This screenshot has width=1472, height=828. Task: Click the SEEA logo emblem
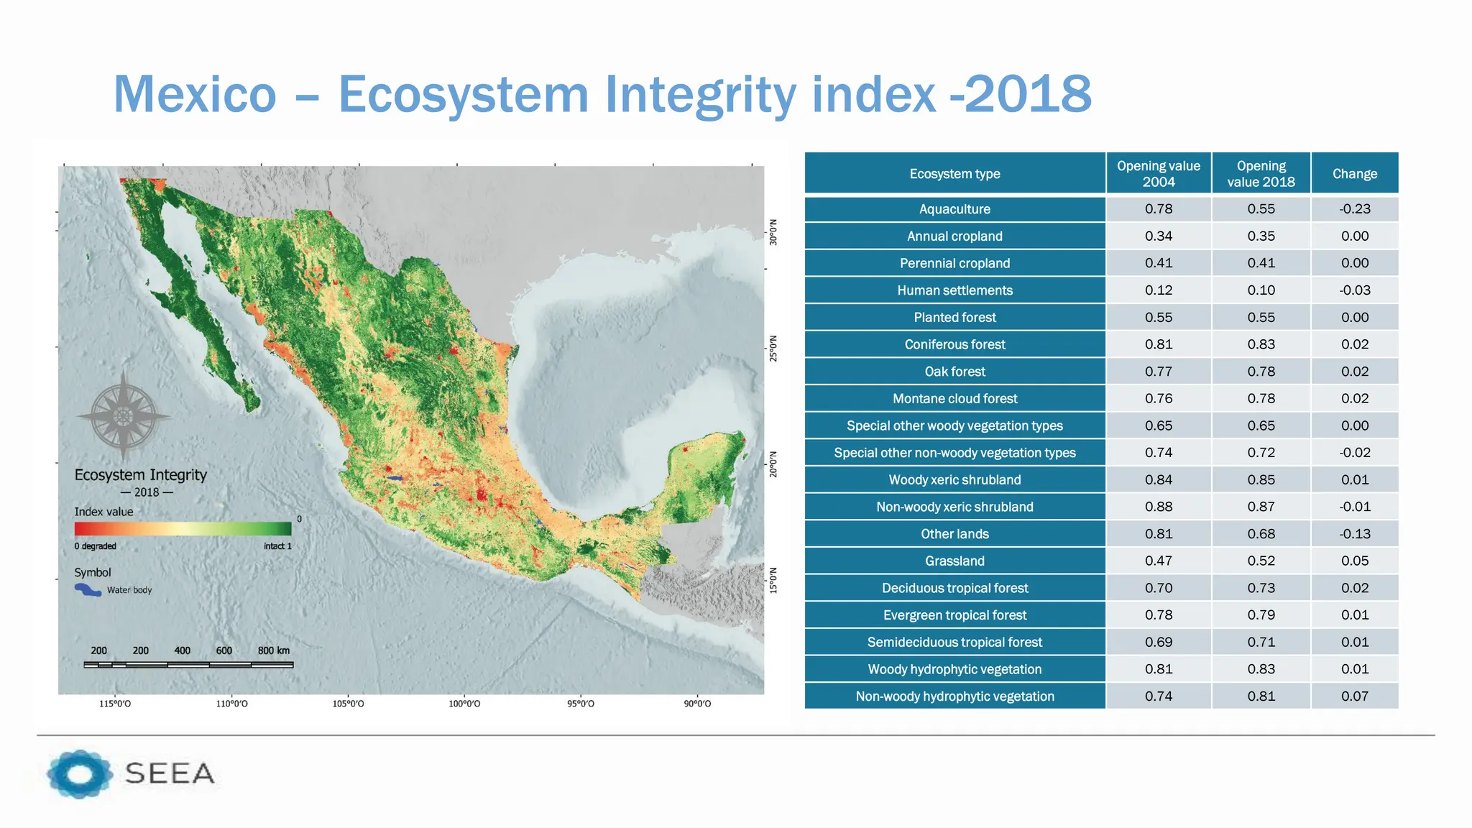[79, 773]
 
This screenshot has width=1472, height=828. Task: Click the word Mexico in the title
[195, 94]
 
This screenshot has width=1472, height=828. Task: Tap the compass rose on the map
[124, 416]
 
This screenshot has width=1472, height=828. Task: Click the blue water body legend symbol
[88, 590]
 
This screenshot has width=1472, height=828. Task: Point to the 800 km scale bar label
[273, 650]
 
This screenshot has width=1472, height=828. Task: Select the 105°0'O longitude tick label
[348, 704]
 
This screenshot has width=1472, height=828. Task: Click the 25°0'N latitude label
[773, 349]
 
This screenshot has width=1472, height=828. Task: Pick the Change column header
[1354, 174]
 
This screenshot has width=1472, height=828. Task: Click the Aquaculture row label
[954, 209]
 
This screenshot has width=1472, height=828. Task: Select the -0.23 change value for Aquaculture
[1354, 209]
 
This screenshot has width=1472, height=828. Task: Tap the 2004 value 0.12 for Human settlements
[1158, 290]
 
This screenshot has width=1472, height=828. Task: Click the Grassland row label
[954, 561]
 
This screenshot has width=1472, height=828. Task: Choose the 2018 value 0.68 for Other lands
[1261, 534]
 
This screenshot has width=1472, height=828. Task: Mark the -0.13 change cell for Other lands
[1354, 534]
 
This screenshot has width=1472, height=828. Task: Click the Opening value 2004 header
[1158, 174]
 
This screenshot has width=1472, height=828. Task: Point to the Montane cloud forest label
[954, 399]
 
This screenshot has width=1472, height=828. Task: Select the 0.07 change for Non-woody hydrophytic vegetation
[1354, 696]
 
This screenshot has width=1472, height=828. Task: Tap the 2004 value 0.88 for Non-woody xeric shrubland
[1158, 507]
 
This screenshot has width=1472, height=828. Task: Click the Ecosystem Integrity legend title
[140, 475]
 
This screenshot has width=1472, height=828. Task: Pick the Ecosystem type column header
[954, 174]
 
